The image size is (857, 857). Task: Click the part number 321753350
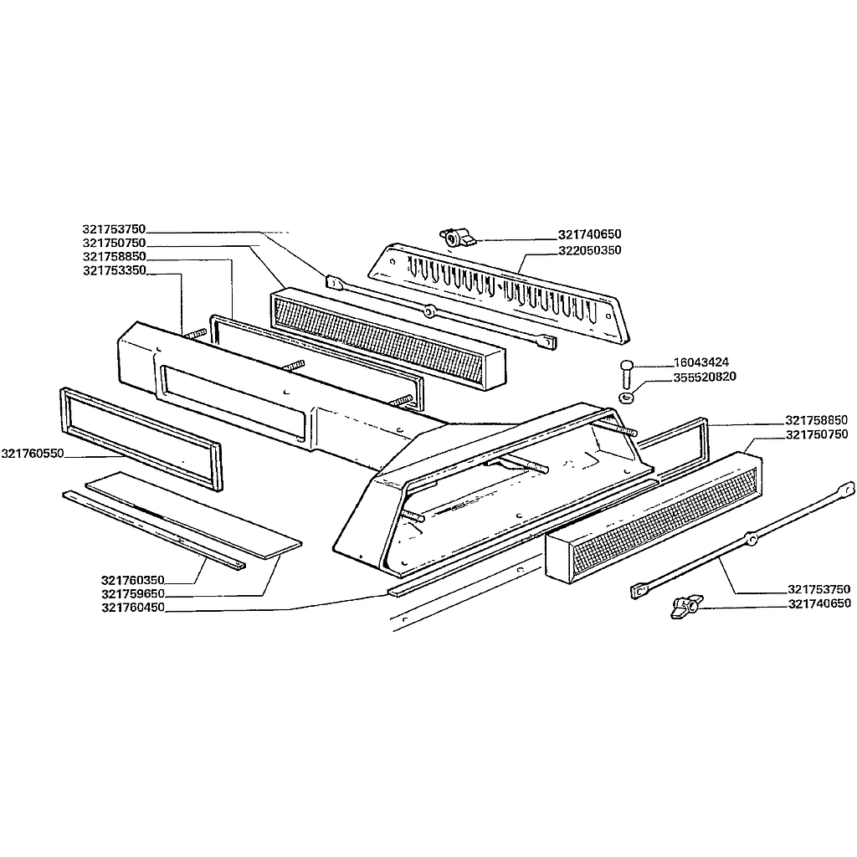114,270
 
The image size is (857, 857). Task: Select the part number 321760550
33,454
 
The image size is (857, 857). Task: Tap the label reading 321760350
133,581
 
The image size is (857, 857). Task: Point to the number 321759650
133,594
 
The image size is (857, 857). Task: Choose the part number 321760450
133,608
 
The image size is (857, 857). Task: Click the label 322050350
590,250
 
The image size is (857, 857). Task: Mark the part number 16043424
701,362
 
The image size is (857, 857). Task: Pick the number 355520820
705,377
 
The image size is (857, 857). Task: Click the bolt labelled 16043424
627,373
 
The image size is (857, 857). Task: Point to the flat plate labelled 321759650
194,515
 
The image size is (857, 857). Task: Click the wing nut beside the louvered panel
458,238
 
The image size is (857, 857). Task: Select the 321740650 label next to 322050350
590,234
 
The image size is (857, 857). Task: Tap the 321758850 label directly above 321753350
114,257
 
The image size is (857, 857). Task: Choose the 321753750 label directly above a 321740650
819,589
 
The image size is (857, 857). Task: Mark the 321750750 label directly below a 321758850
817,434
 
